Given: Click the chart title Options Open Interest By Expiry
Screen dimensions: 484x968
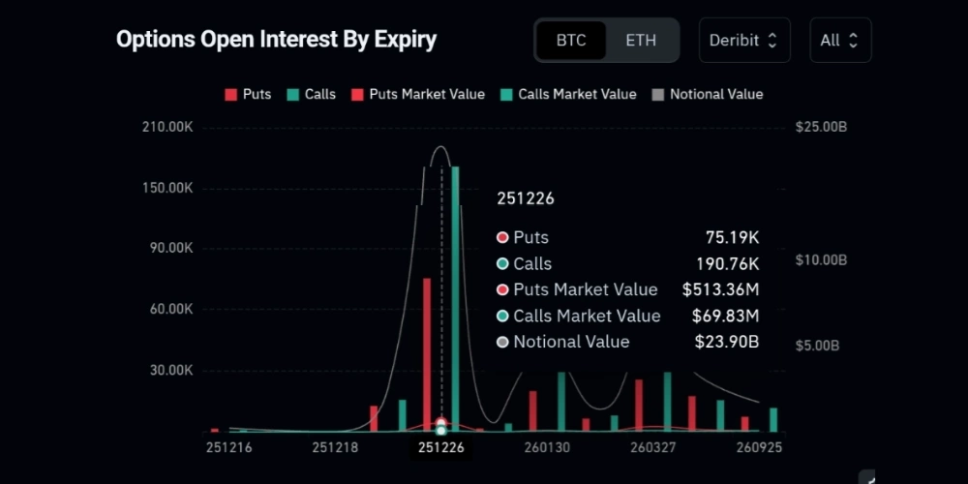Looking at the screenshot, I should pyautogui.click(x=276, y=40).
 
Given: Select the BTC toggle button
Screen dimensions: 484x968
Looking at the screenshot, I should pyautogui.click(x=571, y=41).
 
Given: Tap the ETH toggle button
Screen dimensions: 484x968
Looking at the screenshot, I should pyautogui.click(x=641, y=41).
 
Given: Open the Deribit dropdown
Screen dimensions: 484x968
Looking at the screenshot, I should pyautogui.click(x=743, y=41).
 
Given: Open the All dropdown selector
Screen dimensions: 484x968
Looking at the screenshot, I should pyautogui.click(x=839, y=41).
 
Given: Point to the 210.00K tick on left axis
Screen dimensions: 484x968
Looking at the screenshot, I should pyautogui.click(x=168, y=127).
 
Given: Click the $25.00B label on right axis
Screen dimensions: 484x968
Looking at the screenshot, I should pyautogui.click(x=821, y=127).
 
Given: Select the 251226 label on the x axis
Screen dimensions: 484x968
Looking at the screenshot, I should pyautogui.click(x=441, y=448).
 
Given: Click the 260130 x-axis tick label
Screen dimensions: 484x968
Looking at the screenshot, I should pyautogui.click(x=547, y=448).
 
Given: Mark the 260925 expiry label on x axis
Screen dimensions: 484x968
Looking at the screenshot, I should pyautogui.click(x=760, y=448).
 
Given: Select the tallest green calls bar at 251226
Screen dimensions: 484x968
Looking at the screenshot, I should pyautogui.click(x=455, y=290).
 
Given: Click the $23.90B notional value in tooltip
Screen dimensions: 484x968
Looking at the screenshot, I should pyautogui.click(x=727, y=342).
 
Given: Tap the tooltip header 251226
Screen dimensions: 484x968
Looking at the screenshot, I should pyautogui.click(x=526, y=198).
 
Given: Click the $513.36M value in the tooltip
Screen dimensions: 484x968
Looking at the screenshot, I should pyautogui.click(x=720, y=289).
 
